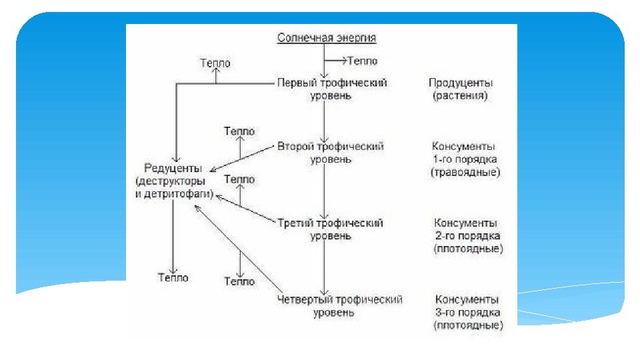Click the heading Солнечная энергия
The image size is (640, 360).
pyautogui.click(x=327, y=37)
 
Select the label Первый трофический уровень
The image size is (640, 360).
pyautogui.click(x=331, y=89)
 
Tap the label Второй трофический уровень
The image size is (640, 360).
pyautogui.click(x=331, y=153)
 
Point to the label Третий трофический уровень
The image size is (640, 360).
pyautogui.click(x=331, y=229)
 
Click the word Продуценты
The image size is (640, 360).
pyautogui.click(x=460, y=83)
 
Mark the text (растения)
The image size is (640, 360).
pyautogui.click(x=460, y=96)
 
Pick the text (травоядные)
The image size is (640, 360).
pyautogui.click(x=465, y=173)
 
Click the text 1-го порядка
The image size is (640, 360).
pyautogui.click(x=465, y=159)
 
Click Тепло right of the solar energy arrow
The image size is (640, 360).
pyautogui.click(x=362, y=61)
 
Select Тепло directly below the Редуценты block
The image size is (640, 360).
pyautogui.click(x=173, y=277)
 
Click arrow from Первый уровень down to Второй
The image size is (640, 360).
pyautogui.click(x=323, y=120)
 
